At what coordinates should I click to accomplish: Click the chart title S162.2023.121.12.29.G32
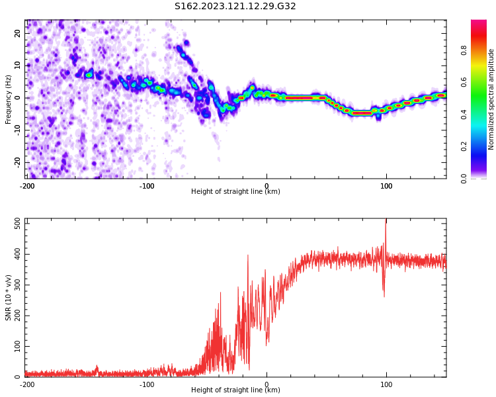(x=235, y=6)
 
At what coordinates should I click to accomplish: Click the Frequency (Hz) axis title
(x=8, y=99)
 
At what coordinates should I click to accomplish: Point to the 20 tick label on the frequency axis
(x=18, y=33)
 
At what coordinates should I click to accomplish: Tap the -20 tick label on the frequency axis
(x=18, y=163)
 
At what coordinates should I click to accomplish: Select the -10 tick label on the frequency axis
(x=18, y=130)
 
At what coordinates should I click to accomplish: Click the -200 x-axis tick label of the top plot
(x=27, y=186)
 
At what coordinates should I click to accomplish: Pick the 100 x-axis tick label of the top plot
(x=386, y=186)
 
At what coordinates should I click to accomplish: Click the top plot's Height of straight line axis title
(x=235, y=191)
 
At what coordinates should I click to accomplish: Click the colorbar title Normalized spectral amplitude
(x=491, y=99)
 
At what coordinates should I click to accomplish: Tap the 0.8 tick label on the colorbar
(x=464, y=50)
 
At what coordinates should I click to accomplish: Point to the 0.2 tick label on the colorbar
(x=464, y=146)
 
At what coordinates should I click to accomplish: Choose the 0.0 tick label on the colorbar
(x=464, y=179)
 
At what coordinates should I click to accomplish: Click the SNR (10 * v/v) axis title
(x=8, y=298)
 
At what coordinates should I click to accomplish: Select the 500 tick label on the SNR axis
(x=18, y=224)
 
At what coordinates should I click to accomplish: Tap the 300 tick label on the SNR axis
(x=18, y=285)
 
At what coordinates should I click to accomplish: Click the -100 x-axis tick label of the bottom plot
(x=147, y=384)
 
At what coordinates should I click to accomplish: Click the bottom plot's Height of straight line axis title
(x=235, y=390)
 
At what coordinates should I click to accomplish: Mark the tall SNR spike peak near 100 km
(x=386, y=220)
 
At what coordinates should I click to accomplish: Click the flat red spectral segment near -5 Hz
(x=362, y=113)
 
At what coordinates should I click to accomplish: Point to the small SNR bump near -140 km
(x=97, y=367)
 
